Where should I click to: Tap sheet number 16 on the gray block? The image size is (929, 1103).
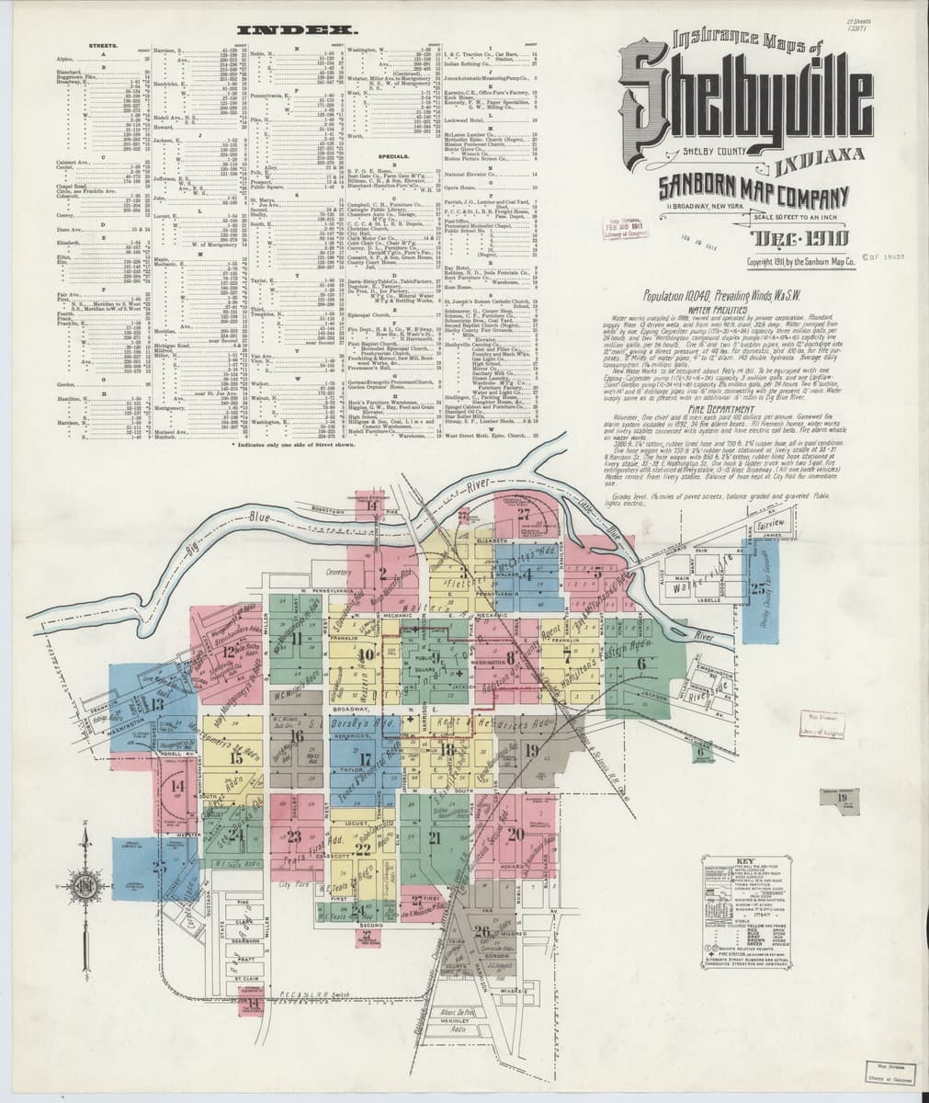(x=295, y=735)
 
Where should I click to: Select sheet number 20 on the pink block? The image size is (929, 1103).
(x=515, y=834)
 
